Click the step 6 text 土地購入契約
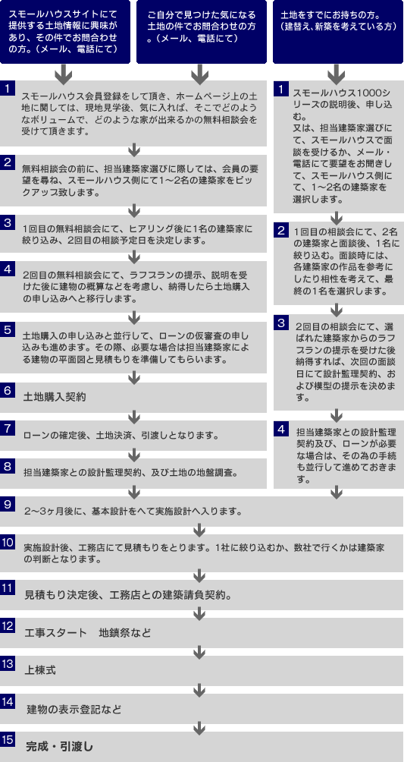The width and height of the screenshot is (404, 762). click(55, 397)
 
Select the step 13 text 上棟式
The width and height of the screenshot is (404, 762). click(40, 670)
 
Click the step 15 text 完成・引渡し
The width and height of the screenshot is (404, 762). click(59, 745)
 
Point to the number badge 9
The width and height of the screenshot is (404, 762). click(7, 505)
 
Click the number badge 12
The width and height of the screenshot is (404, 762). click(7, 625)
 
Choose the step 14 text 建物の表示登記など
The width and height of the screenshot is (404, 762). click(74, 709)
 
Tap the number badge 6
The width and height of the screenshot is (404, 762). click(7, 390)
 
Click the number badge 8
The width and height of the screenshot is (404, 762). click(7, 466)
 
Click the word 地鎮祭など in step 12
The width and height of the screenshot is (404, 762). click(125, 633)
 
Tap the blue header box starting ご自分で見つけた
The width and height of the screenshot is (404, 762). click(202, 32)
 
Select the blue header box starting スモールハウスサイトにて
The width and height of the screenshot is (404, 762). click(65, 32)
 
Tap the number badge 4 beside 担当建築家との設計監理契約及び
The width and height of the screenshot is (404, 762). click(280, 429)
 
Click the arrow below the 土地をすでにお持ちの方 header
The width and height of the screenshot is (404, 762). click(336, 75)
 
